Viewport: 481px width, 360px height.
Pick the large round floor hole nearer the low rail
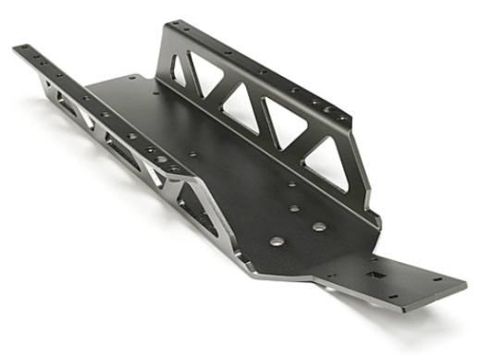coord(275,242)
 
